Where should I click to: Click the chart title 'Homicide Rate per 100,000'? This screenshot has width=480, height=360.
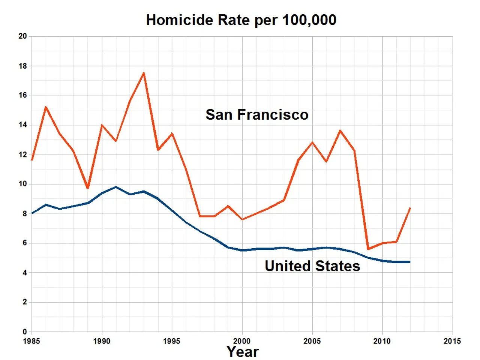coord(241,20)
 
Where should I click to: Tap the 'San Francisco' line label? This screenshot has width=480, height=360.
coord(257,115)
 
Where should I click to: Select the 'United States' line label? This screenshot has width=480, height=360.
coord(312,266)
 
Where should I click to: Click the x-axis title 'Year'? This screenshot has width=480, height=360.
coord(243,352)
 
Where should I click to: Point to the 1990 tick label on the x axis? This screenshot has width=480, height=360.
coord(102,341)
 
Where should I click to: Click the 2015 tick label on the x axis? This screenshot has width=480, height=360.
coord(452,341)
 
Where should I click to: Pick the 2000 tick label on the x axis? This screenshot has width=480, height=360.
coord(242,341)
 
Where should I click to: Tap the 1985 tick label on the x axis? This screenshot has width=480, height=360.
coord(31,341)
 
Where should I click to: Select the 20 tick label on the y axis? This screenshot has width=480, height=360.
coord(23,36)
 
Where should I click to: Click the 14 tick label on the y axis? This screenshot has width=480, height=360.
coord(23,125)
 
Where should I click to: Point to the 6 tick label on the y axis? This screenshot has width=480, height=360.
coord(25,243)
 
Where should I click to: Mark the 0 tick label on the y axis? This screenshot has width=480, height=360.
coord(25,331)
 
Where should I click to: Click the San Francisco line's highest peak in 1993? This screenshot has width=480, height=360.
coord(144,73)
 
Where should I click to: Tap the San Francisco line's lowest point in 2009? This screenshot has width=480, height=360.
coord(368,249)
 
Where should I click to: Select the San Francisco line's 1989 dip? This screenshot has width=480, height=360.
coord(88,188)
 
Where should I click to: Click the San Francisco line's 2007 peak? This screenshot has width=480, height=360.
coord(340,130)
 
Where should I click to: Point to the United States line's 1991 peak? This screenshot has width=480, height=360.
coord(116,187)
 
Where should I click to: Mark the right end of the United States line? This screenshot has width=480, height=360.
coord(410,262)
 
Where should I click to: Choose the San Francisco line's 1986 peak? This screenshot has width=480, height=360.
coord(46,107)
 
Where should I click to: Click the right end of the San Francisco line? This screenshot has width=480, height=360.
coord(410,208)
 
